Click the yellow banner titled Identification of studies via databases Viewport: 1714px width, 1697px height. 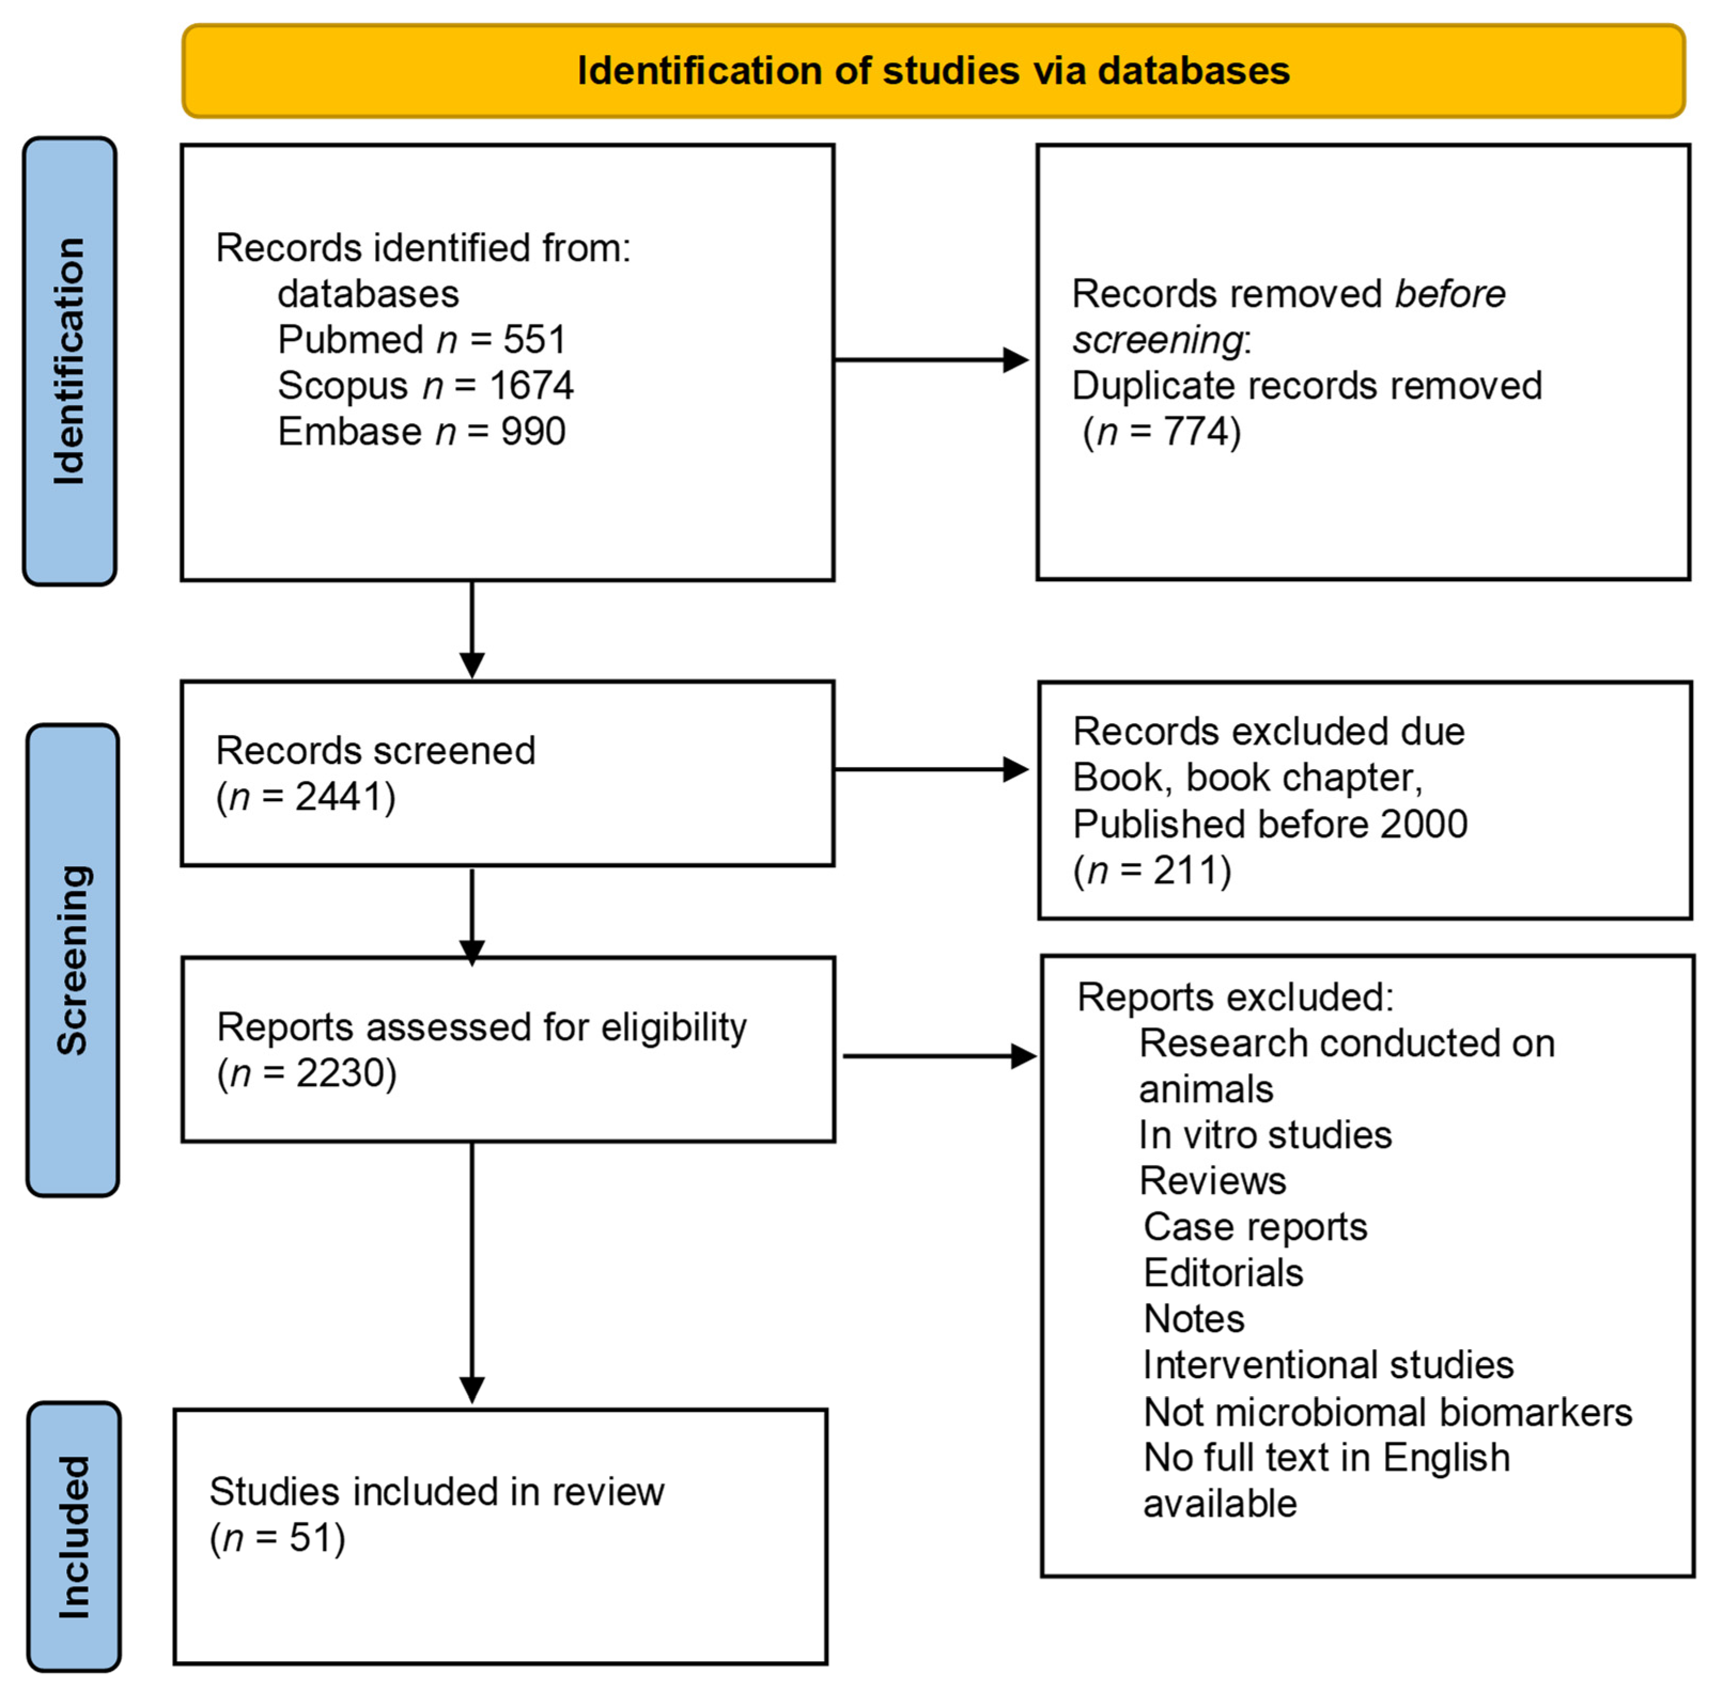point(933,71)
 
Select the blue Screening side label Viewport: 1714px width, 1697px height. point(73,960)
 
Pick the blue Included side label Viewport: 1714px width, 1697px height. point(74,1536)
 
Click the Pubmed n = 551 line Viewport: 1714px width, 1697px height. point(422,340)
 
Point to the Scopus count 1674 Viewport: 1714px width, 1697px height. point(531,386)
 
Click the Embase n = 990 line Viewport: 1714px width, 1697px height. point(422,432)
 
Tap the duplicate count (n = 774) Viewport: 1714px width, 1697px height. point(1162,432)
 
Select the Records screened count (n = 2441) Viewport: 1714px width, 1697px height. point(306,796)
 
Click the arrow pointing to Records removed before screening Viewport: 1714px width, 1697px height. point(931,360)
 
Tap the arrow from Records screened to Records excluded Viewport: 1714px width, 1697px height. point(931,769)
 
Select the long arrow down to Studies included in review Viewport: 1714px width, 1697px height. point(472,1269)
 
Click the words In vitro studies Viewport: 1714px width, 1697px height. point(1265,1135)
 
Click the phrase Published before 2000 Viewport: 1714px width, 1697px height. point(1269,824)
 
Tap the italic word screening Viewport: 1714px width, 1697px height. point(1157,340)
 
